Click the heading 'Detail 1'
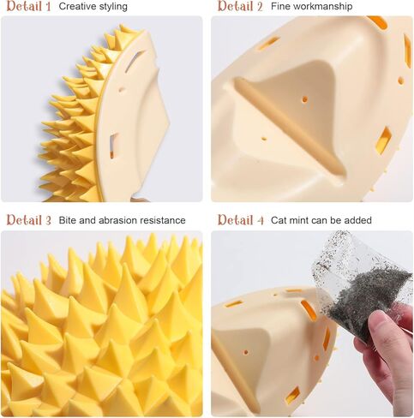pyautogui.click(x=28, y=7)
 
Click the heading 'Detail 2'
pyautogui.click(x=240, y=7)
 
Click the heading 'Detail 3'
pyautogui.click(x=28, y=221)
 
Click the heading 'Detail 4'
pyautogui.click(x=240, y=221)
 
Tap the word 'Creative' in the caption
pyautogui.click(x=76, y=7)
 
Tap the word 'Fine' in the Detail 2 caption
pyautogui.click(x=280, y=7)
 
